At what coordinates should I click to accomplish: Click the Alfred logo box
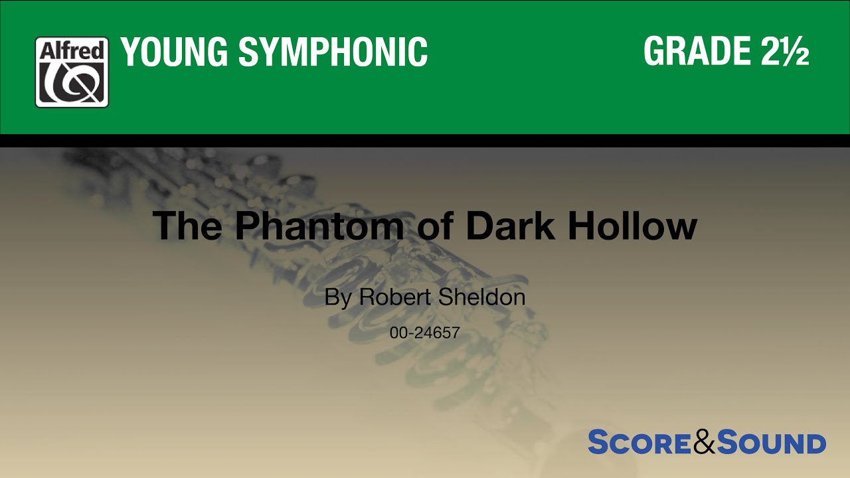[x=72, y=72]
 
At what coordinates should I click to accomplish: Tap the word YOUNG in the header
[x=174, y=52]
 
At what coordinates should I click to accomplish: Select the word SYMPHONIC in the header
[x=333, y=52]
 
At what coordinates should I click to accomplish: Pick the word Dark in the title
[x=512, y=226]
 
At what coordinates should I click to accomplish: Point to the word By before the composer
[x=337, y=297]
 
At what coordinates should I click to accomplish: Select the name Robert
[x=395, y=297]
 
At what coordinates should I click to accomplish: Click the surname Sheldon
[x=481, y=297]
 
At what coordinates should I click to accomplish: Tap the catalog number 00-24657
[x=425, y=333]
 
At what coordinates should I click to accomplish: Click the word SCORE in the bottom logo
[x=639, y=443]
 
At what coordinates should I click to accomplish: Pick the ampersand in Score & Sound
[x=704, y=443]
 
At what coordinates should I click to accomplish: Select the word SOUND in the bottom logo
[x=771, y=443]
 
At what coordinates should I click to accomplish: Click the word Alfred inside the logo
[x=72, y=50]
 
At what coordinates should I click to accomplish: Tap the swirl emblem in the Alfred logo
[x=72, y=82]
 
